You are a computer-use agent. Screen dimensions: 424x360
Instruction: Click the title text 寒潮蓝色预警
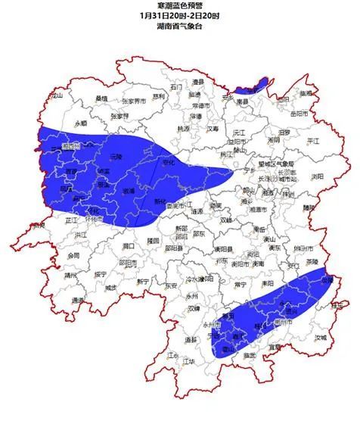[x=179, y=5]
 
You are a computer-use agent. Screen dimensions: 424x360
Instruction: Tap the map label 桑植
[x=101, y=98]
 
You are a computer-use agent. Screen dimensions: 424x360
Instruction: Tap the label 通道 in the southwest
[x=78, y=300]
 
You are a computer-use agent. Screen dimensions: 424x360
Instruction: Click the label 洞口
[x=129, y=246]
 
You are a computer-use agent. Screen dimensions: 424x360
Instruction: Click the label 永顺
[x=81, y=122]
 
